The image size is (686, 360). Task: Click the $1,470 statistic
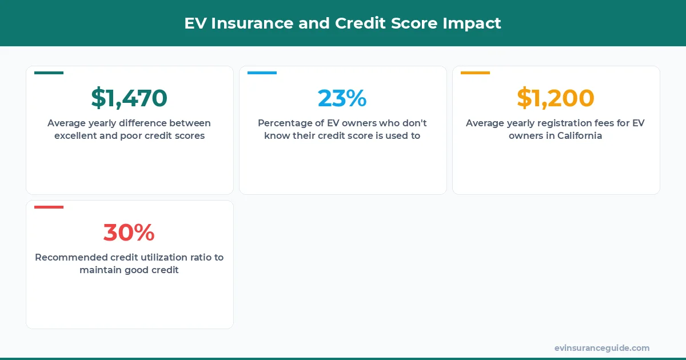[129, 98]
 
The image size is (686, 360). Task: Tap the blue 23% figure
[342, 98]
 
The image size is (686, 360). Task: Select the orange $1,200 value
[556, 98]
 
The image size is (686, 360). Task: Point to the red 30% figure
[129, 233]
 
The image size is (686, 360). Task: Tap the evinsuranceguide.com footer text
[602, 348]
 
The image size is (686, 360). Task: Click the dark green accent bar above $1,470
[49, 73]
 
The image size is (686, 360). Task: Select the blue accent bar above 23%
[262, 73]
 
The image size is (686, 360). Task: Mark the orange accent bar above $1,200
[475, 73]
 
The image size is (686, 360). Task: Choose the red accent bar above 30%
[49, 207]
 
